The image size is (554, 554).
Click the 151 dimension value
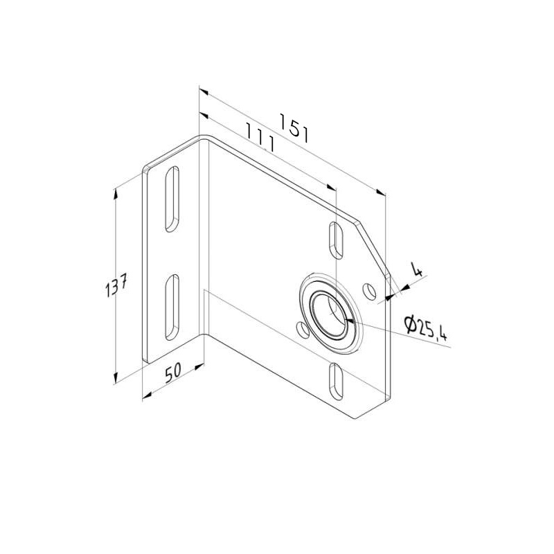294,128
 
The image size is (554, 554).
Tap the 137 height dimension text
116,285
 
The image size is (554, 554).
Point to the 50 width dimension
173,373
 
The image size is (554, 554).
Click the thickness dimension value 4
417,269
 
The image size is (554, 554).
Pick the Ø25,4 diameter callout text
426,328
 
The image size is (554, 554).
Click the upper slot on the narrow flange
172,199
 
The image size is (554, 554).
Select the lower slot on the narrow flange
172,307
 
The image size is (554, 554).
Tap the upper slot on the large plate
336,240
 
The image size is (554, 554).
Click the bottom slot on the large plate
336,382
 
